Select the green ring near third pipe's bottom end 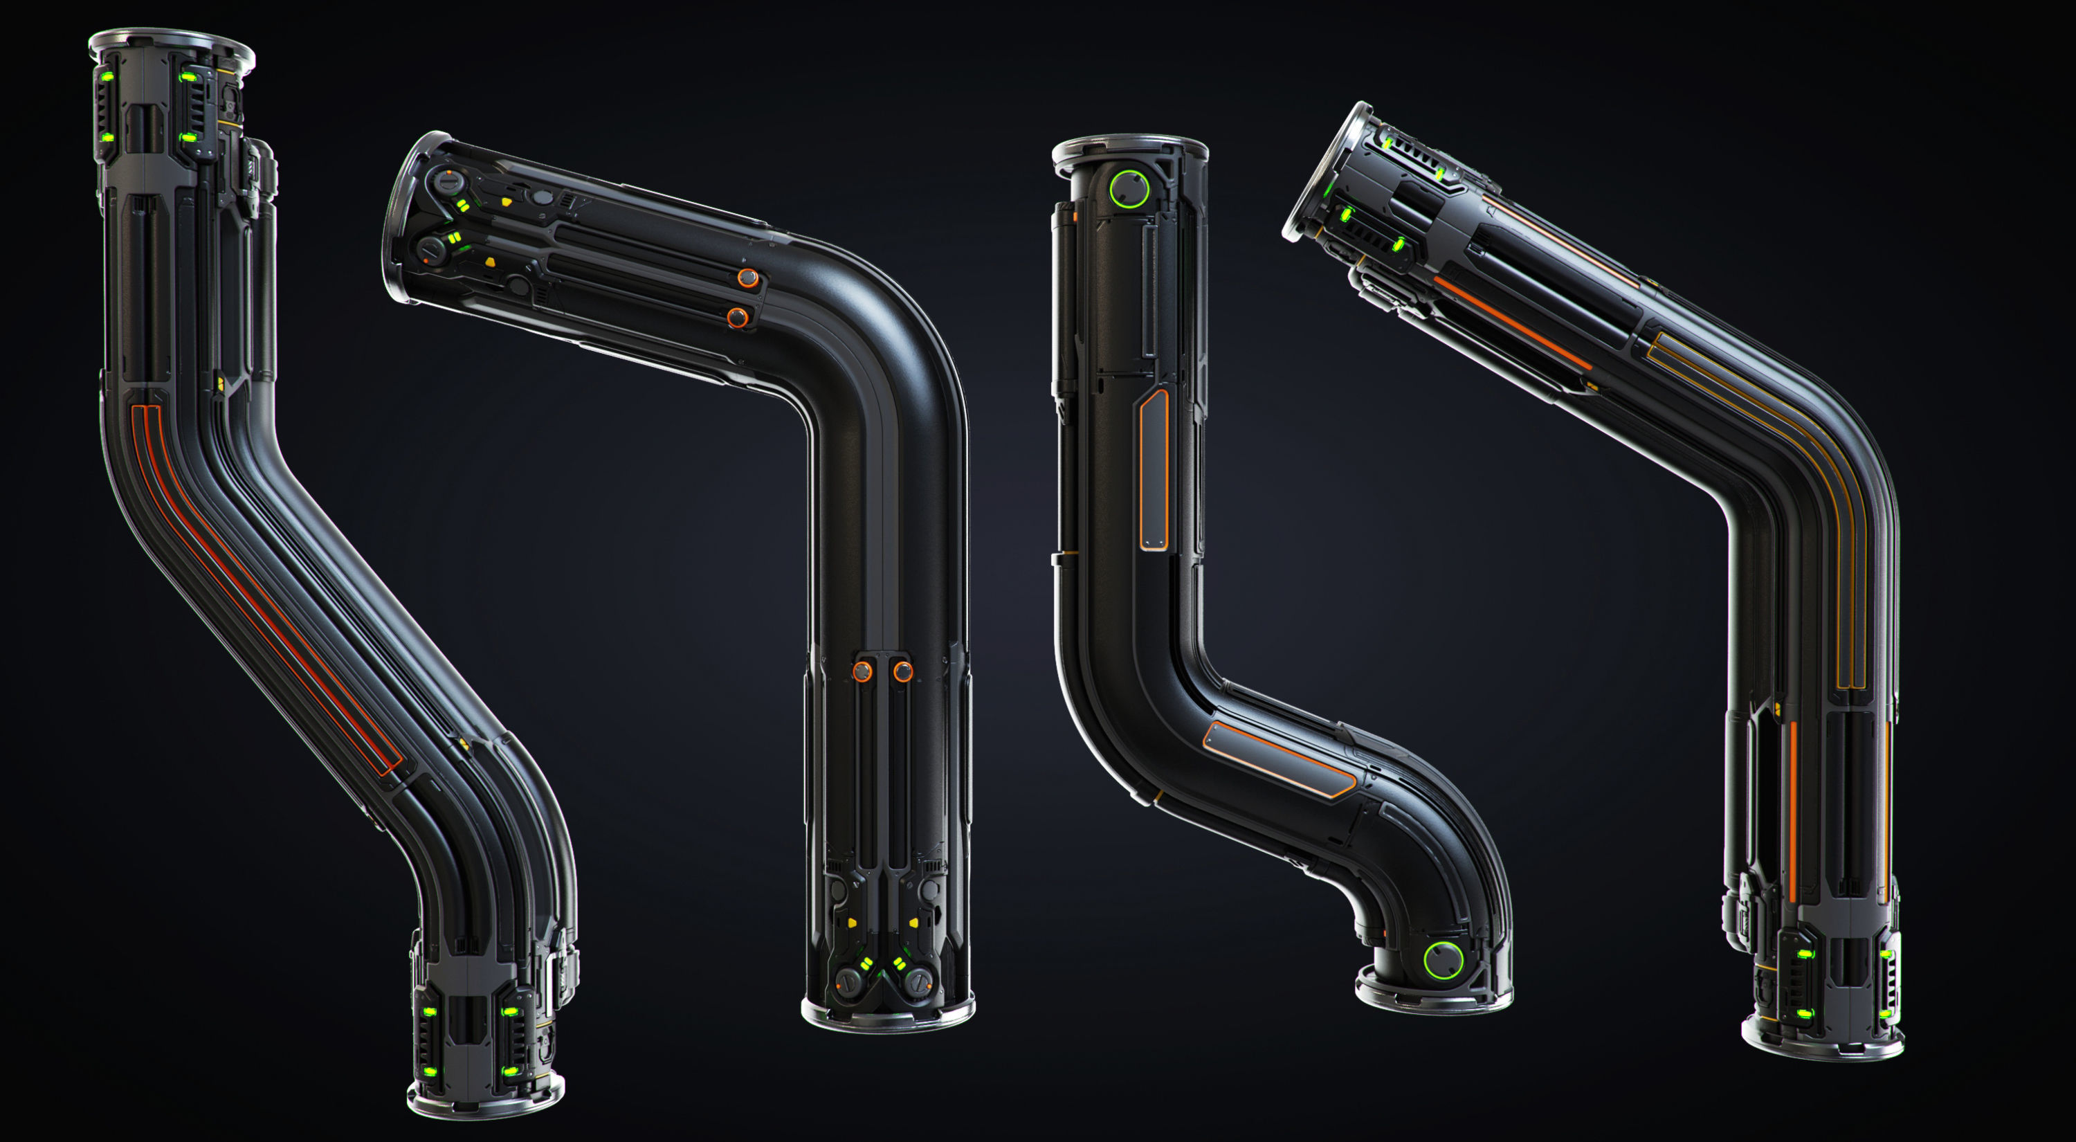point(1443,960)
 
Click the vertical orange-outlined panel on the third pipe point(1154,471)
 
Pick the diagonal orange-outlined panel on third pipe point(1277,759)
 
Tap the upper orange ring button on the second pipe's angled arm point(748,279)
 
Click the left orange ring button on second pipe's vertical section point(862,671)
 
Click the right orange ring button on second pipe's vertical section point(902,671)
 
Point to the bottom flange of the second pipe point(888,1015)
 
